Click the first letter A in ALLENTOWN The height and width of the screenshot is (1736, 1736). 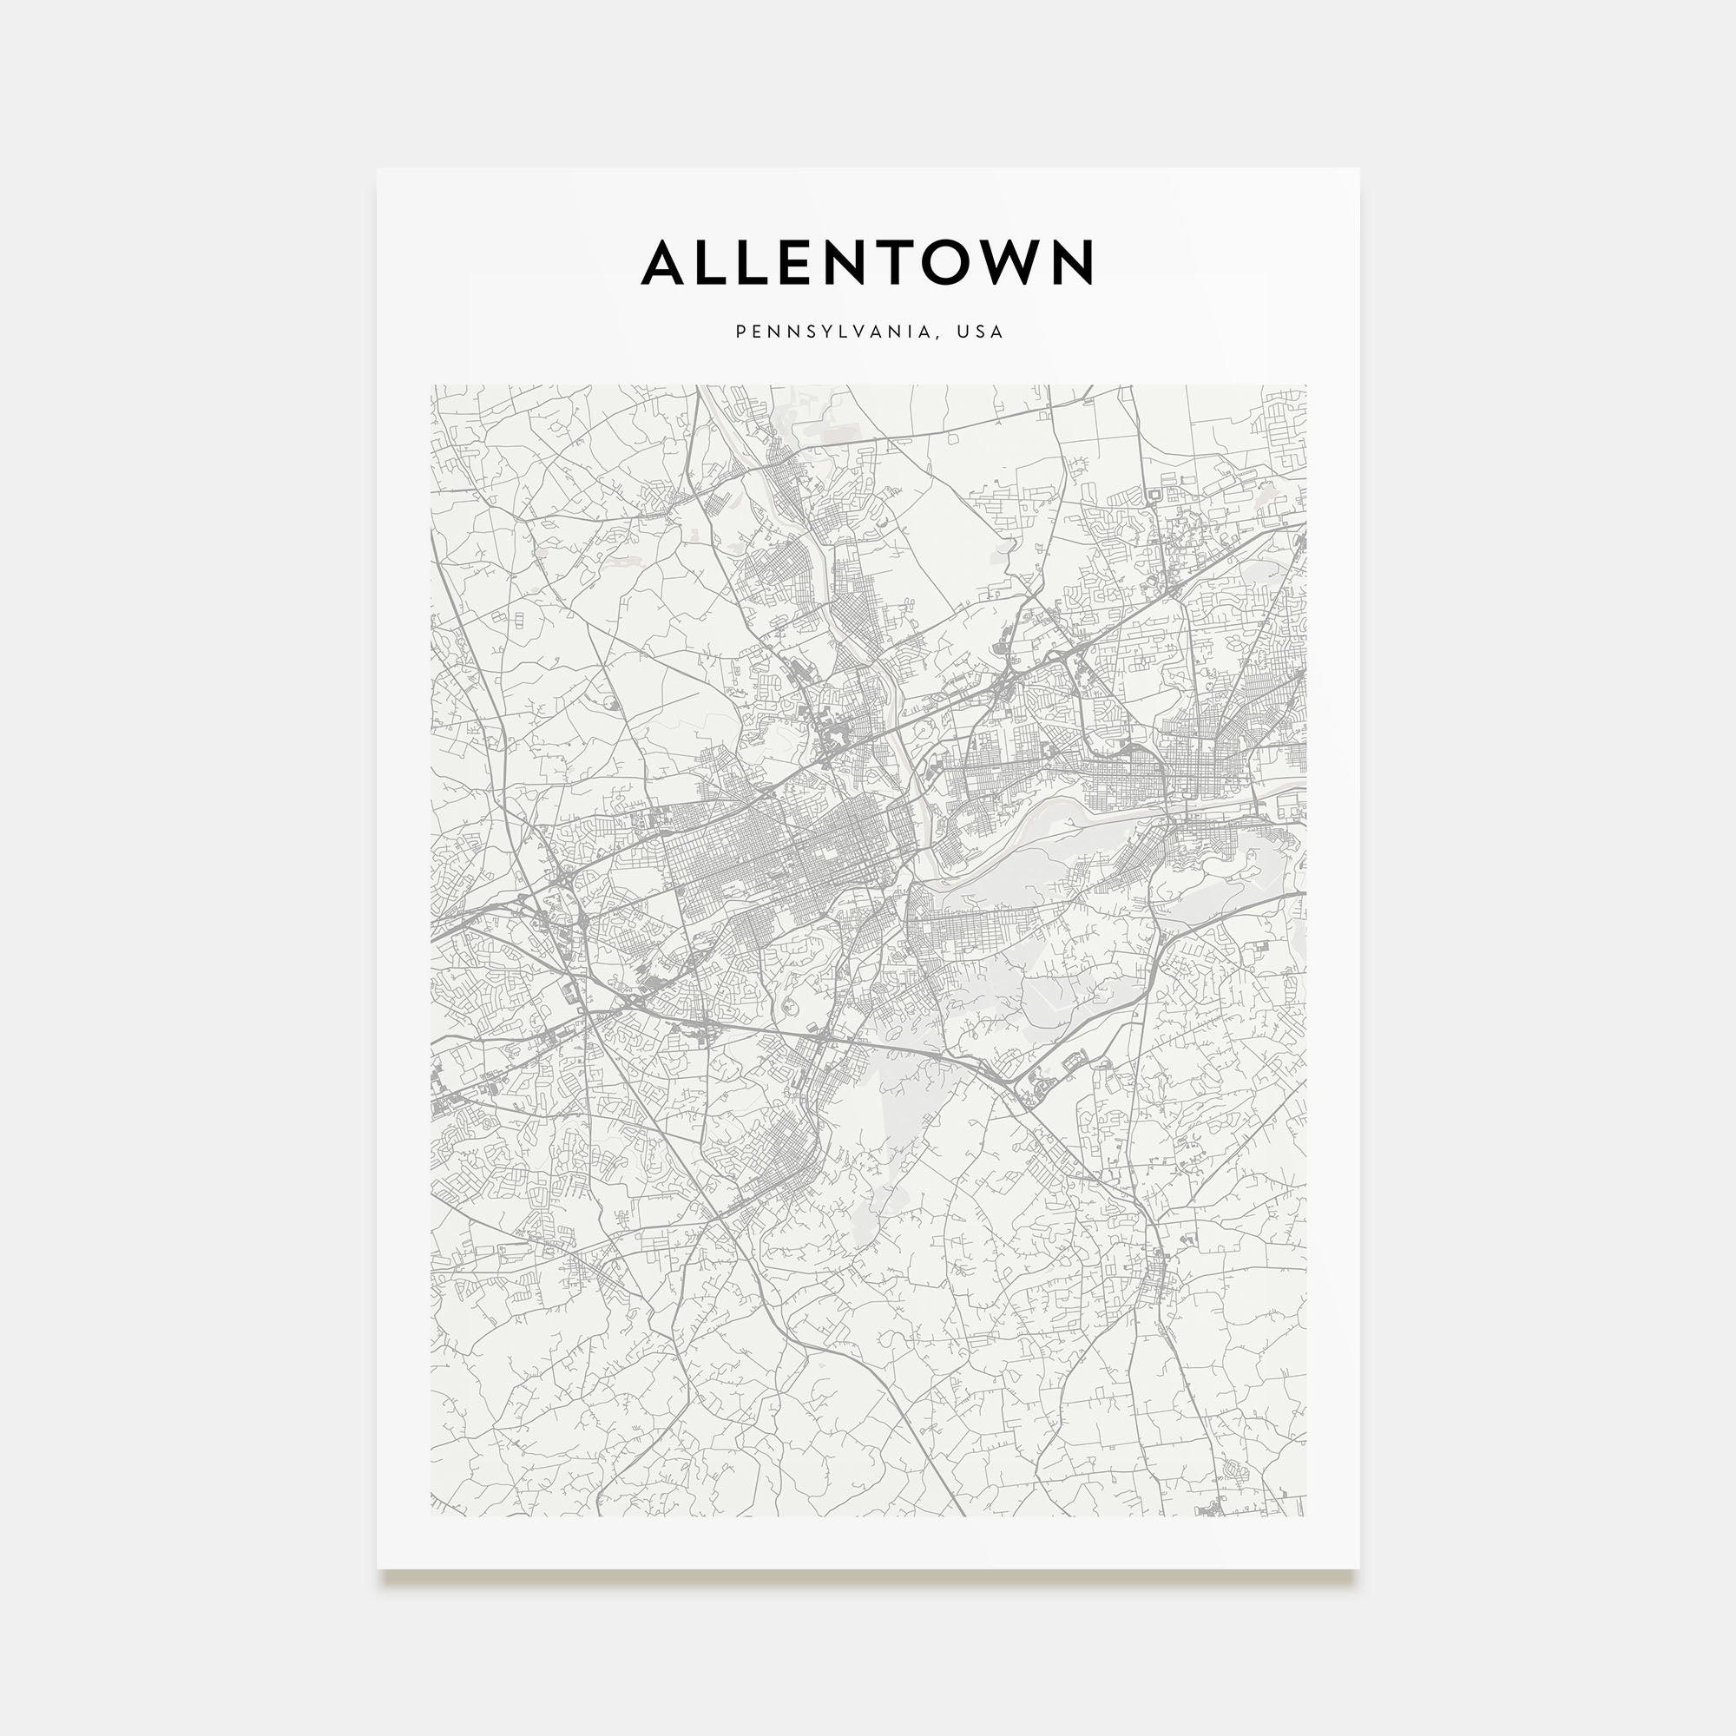[x=664, y=262]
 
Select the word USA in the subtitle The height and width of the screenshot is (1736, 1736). [x=979, y=332]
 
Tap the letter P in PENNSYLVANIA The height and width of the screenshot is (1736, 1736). [x=740, y=332]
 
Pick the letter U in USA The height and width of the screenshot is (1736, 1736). [x=962, y=332]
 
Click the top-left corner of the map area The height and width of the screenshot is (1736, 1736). [x=431, y=385]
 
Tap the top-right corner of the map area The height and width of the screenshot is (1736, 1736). [x=1305, y=385]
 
